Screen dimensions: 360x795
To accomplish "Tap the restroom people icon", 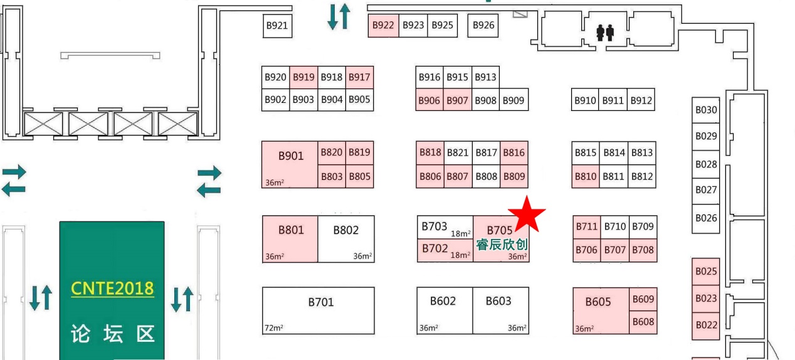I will [605, 32].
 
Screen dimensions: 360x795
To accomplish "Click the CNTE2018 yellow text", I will [112, 288].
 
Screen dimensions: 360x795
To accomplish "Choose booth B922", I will [382, 26].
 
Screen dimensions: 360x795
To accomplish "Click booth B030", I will [706, 110].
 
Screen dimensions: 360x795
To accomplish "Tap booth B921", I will [277, 26].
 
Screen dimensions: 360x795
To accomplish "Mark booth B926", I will [483, 26].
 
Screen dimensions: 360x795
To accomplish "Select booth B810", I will [586, 177].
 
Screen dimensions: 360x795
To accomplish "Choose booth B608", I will [643, 322].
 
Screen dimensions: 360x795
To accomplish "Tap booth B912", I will [641, 100].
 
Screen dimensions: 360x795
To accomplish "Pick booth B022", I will [706, 326].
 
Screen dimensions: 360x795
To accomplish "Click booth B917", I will [359, 78].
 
